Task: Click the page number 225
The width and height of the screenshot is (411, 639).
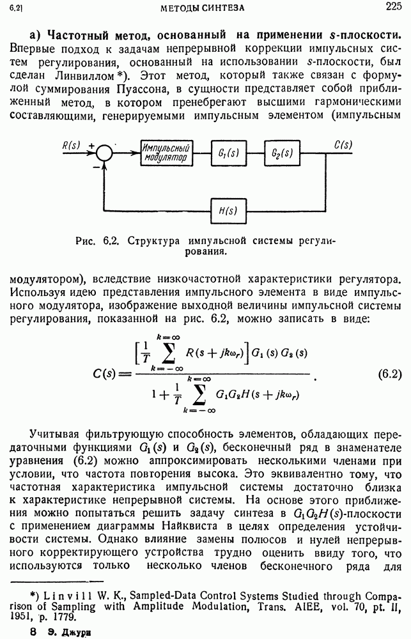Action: [393, 7]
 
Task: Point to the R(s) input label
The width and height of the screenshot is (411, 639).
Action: [72, 145]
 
